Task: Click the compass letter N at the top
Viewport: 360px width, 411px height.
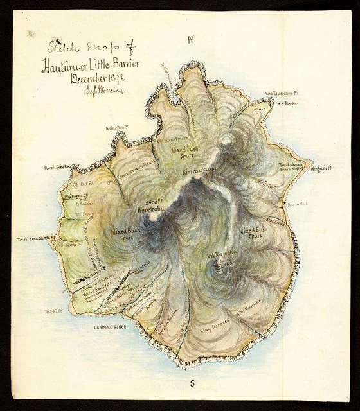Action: tap(190, 40)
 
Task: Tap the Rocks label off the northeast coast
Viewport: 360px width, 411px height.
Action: tap(295, 102)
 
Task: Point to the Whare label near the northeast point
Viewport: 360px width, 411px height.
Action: tap(260, 109)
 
